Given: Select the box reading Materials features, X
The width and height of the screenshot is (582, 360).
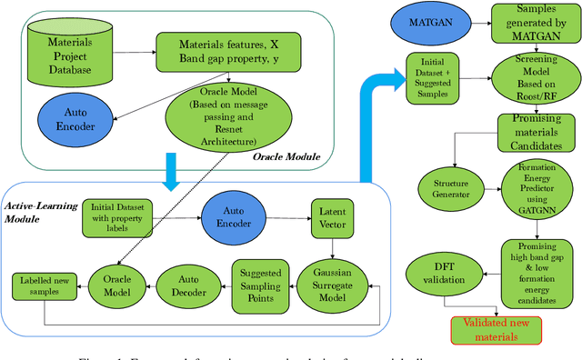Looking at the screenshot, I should pyautogui.click(x=216, y=53).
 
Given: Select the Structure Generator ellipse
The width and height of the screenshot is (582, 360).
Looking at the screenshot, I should pyautogui.click(x=445, y=187).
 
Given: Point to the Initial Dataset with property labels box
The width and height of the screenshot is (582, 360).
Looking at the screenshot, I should pyautogui.click(x=122, y=218).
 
